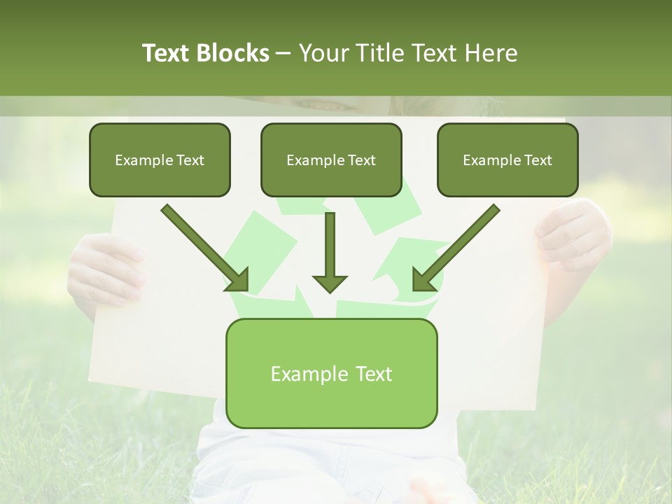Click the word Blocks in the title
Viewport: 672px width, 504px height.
(232, 53)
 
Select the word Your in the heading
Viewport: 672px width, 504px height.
(323, 53)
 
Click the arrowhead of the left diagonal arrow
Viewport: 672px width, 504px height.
(238, 280)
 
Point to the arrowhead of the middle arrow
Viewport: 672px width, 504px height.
(330, 283)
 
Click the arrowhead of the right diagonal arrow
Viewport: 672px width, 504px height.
(423, 280)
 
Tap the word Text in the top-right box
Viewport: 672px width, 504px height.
(538, 160)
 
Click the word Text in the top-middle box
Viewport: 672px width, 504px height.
(361, 160)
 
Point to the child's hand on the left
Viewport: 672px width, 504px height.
(105, 269)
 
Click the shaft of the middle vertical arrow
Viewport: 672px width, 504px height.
(330, 241)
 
